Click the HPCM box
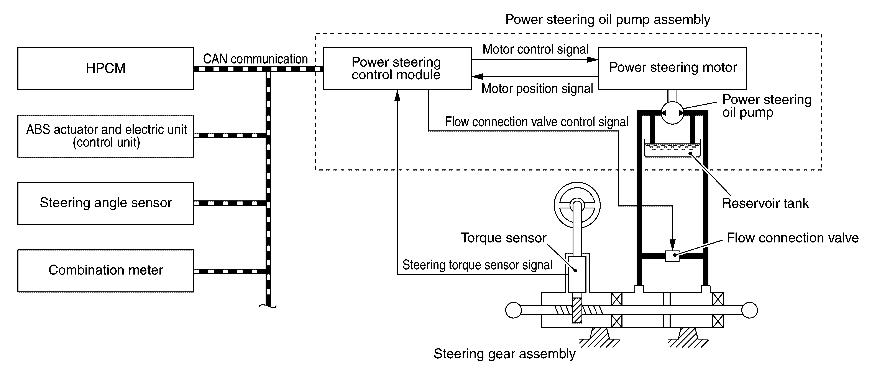[105, 69]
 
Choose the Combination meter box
[105, 270]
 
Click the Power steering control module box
[397, 69]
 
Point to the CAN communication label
[255, 59]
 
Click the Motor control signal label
[535, 49]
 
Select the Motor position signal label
[537, 89]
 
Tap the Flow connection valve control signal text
[537, 122]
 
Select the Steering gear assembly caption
[504, 354]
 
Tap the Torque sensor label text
[503, 238]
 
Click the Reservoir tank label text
[765, 203]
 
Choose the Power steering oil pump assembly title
[608, 19]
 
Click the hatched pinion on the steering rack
[577, 310]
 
